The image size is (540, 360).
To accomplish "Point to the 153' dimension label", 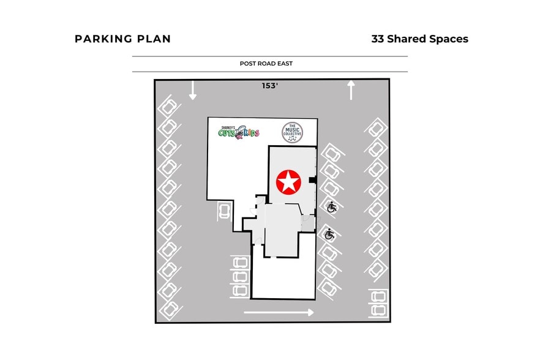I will pyautogui.click(x=270, y=86).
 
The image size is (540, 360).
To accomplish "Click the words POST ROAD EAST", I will pyautogui.click(x=270, y=64).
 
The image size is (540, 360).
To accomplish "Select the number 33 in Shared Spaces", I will pyautogui.click(x=378, y=39).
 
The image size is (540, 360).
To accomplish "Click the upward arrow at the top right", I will pyautogui.click(x=351, y=89).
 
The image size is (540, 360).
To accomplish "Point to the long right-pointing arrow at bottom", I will pyautogui.click(x=279, y=312).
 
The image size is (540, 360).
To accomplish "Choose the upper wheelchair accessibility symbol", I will pyautogui.click(x=332, y=207).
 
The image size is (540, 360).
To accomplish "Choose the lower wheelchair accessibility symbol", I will pyautogui.click(x=329, y=233).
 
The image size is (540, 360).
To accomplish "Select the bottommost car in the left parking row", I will pyautogui.click(x=169, y=309).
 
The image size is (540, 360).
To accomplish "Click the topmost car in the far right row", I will pyautogui.click(x=376, y=129).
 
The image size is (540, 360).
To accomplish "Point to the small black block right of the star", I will pyautogui.click(x=312, y=180).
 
